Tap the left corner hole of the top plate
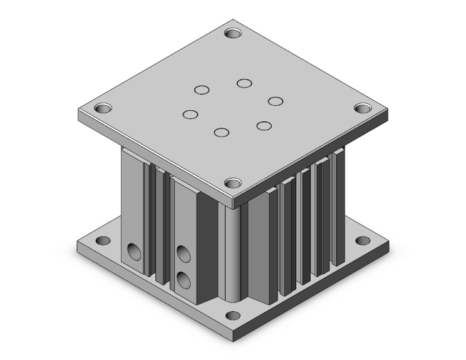103,108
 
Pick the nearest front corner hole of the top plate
234,183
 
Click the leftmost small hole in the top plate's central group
190,114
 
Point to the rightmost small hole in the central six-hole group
276,101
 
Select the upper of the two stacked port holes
184,254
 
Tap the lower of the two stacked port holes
183,277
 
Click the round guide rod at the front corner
234,257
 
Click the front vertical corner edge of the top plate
233,202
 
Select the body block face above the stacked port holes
184,213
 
